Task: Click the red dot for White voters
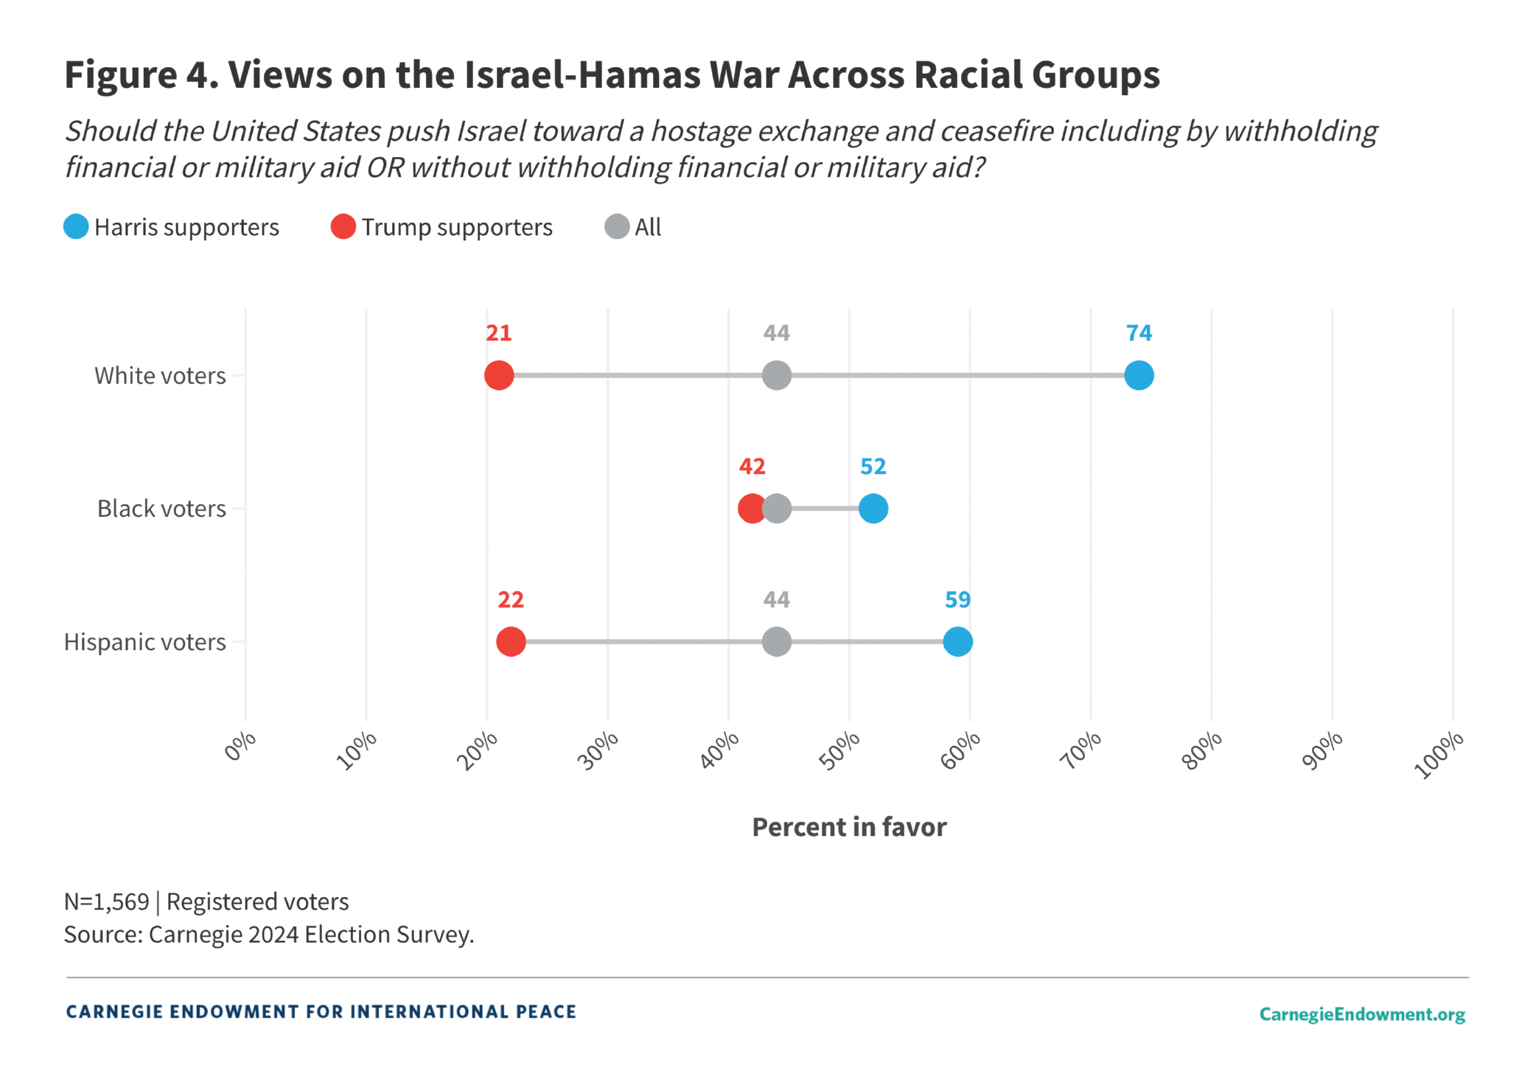[x=499, y=375]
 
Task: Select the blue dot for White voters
[x=1139, y=375]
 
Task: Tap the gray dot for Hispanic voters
[x=777, y=641]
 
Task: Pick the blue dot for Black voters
[x=873, y=509]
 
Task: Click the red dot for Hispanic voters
[x=511, y=641]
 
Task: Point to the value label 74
[x=1139, y=333]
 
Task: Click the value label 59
[x=957, y=600]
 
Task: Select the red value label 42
[x=752, y=467]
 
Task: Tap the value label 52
[x=873, y=467]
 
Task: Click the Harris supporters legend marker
[x=76, y=227]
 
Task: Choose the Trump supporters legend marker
[x=343, y=227]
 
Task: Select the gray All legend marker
[x=617, y=227]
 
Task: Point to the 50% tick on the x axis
[x=840, y=750]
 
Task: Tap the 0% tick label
[x=240, y=746]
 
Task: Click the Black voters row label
[x=161, y=509]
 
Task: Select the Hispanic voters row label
[x=145, y=642]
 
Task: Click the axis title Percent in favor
[x=849, y=827]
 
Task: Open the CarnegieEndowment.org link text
[x=1362, y=1014]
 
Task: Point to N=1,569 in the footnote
[x=107, y=901]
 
